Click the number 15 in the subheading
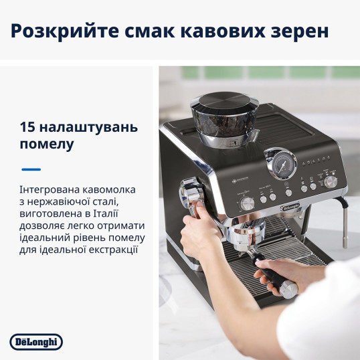coord(27,127)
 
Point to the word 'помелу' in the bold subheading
coord(47,145)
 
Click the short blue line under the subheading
coord(31,169)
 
